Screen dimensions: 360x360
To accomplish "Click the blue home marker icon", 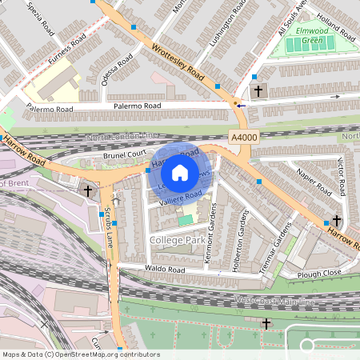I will coord(180,172).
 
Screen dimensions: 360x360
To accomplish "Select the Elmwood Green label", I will coord(305,36).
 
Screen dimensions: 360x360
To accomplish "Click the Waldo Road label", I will coord(164,270).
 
